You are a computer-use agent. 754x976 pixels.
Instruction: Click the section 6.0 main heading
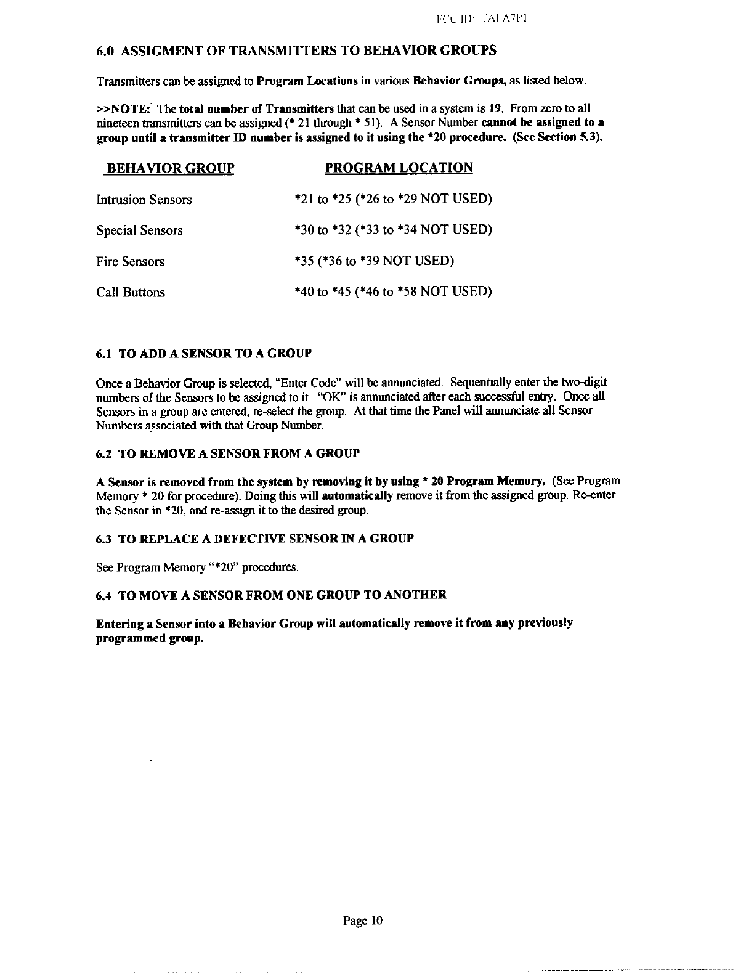click(296, 51)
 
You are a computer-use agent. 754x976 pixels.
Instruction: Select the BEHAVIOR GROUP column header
click(170, 168)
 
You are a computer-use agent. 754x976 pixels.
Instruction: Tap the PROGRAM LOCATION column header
click(399, 168)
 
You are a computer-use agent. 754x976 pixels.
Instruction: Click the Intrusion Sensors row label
click(144, 200)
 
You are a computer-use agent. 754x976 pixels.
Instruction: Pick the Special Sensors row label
click(140, 230)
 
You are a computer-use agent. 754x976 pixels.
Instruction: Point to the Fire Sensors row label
click(131, 262)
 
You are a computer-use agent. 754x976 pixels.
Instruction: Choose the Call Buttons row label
click(131, 292)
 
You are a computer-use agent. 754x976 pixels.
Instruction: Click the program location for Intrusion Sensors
click(393, 199)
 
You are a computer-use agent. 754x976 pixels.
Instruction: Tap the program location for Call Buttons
click(393, 291)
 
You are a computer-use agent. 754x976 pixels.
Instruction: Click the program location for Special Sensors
click(393, 230)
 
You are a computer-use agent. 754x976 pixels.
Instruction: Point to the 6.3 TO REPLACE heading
click(255, 539)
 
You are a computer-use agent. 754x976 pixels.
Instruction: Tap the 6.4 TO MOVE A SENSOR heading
click(272, 595)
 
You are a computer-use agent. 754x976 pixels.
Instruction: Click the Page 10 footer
click(363, 921)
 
